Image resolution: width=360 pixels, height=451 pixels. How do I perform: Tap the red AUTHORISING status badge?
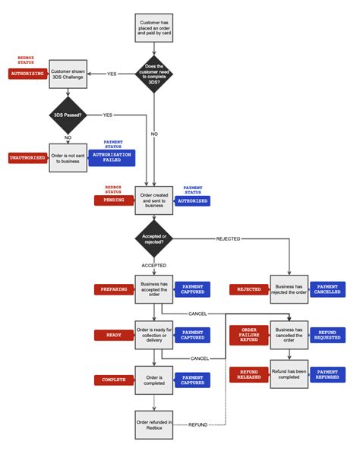(x=27, y=74)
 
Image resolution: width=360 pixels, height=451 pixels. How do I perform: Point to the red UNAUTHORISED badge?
(x=27, y=157)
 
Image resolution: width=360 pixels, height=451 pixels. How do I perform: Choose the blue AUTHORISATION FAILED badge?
(x=111, y=157)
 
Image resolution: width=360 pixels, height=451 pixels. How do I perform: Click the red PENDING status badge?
(x=114, y=200)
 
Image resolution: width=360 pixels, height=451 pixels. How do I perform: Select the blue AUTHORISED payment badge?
(x=193, y=200)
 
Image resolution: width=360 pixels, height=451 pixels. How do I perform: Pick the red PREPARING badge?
(x=114, y=289)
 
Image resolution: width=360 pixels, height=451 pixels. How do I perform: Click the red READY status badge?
(x=114, y=334)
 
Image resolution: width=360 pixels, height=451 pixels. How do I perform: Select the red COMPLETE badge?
(x=114, y=379)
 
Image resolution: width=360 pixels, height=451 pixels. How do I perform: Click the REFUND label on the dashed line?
(x=197, y=424)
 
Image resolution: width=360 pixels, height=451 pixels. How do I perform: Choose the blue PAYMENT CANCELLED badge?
(x=327, y=289)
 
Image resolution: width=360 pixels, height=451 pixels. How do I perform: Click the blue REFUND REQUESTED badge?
(x=327, y=334)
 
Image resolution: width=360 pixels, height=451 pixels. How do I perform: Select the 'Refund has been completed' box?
(x=289, y=374)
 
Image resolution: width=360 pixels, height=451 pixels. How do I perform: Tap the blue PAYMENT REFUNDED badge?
(x=327, y=374)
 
